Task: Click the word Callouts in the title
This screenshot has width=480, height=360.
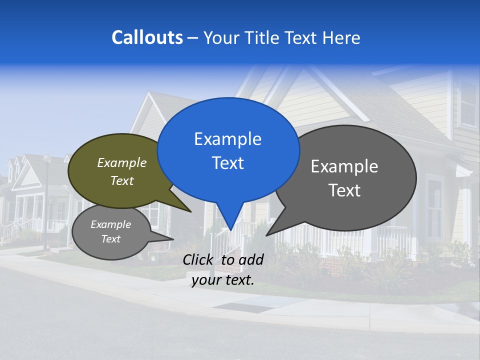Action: point(147,37)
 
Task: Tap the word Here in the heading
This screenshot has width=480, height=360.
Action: point(341,38)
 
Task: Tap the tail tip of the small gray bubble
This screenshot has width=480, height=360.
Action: point(172,239)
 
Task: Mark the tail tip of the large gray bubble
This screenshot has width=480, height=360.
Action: point(267,234)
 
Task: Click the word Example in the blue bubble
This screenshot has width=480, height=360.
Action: point(227,139)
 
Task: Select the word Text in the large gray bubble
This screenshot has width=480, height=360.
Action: point(344,190)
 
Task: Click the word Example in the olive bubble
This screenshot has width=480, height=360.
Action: point(122,163)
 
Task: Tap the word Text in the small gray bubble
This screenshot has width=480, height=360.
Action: point(111,239)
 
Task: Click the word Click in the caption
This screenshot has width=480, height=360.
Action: point(198,259)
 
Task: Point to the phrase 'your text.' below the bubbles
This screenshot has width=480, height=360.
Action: point(223,280)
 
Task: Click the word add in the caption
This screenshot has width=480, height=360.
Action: point(251,259)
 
